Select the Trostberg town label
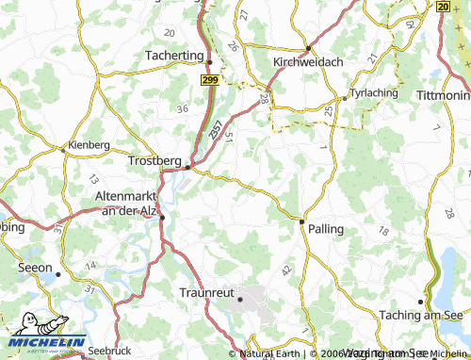point(154,160)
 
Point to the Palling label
point(325,229)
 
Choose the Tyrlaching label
point(374,94)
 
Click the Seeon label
point(35,267)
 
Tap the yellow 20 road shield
point(443,6)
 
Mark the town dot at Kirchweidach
point(308,48)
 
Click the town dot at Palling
point(301,221)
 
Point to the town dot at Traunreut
point(240,300)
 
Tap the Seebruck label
point(110,350)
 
